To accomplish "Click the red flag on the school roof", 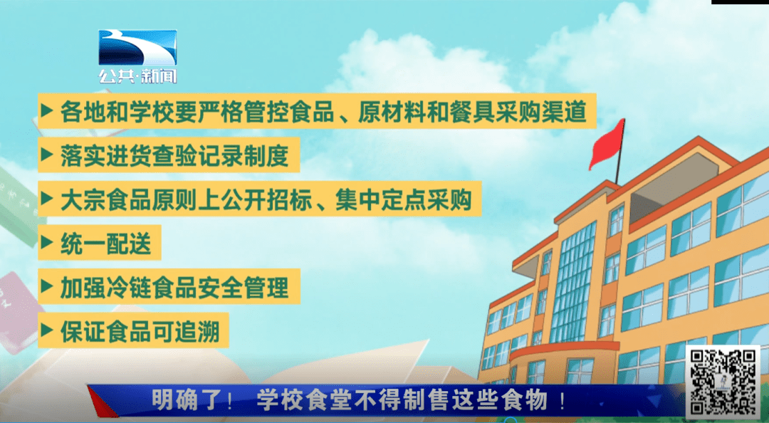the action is click(607, 143).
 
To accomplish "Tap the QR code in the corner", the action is click(723, 381).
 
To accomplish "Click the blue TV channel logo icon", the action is click(137, 48).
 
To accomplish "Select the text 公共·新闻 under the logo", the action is click(137, 75).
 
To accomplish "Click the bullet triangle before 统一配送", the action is click(47, 242).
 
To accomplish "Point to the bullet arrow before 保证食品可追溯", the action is click(47, 330).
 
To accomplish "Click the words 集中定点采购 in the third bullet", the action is click(404, 199).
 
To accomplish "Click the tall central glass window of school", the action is click(572, 283).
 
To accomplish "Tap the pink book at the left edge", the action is click(16, 312).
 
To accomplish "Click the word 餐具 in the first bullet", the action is click(449, 111).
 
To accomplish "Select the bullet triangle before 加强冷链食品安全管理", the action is click(47, 286).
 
